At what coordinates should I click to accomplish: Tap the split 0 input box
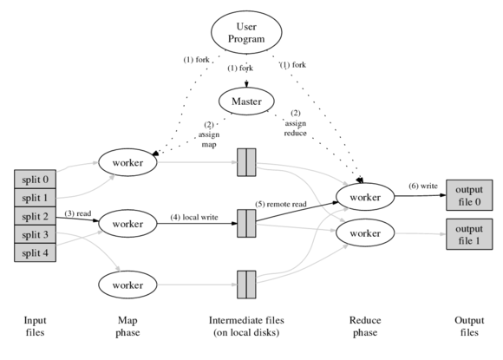(x=36, y=180)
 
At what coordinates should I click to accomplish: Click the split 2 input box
(x=36, y=216)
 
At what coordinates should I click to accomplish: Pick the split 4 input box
(x=36, y=252)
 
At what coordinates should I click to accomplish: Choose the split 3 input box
(x=36, y=234)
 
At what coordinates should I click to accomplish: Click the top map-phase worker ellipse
(x=127, y=161)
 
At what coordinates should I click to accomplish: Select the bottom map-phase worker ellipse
(x=127, y=284)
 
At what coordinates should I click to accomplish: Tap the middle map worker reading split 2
(x=127, y=223)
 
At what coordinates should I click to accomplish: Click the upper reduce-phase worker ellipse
(x=363, y=197)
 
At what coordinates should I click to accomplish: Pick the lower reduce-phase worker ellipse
(x=363, y=234)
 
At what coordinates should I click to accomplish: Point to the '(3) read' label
(x=79, y=213)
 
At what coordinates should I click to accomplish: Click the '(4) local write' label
(x=194, y=217)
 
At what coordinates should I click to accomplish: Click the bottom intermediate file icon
(x=246, y=284)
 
